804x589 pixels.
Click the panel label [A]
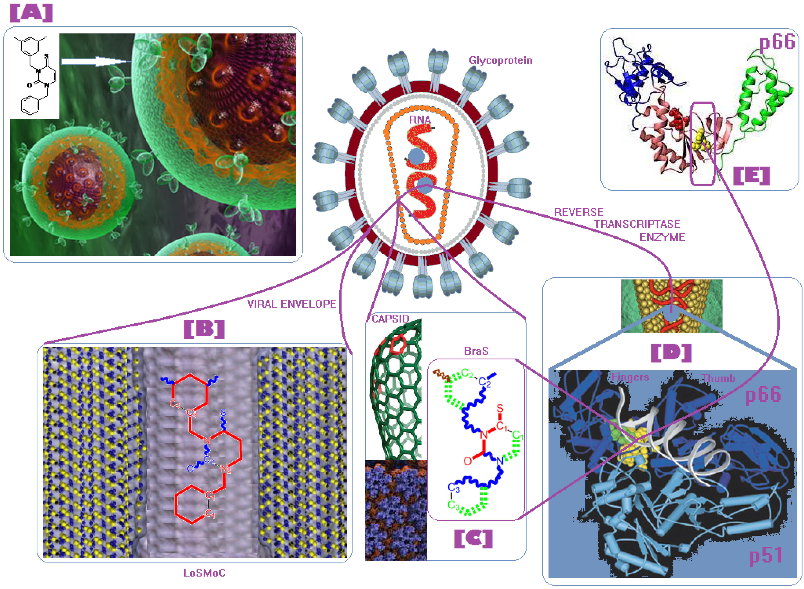31,13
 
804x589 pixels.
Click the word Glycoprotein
500,61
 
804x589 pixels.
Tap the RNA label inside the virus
420,120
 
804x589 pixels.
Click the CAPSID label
390,319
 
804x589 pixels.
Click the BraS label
476,351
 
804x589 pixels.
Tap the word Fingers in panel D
630,377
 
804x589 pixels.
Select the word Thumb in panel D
719,378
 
